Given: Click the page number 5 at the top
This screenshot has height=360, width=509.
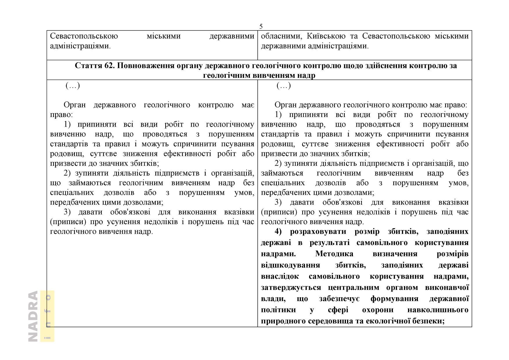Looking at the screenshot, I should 261,27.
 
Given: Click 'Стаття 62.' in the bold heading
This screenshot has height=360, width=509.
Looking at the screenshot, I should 95,66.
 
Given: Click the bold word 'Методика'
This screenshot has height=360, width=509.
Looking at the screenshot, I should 334,254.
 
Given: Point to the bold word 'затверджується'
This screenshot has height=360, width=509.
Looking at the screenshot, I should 291,287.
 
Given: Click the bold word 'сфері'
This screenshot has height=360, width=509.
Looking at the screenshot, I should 338,310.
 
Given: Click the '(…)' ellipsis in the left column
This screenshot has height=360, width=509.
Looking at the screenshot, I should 73,86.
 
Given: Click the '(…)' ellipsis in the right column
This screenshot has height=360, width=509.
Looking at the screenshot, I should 284,86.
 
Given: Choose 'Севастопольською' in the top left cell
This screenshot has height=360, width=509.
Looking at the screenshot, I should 84,36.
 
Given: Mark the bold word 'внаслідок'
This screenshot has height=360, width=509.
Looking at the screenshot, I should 280,276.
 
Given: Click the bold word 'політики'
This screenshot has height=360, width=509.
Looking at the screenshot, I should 278,310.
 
